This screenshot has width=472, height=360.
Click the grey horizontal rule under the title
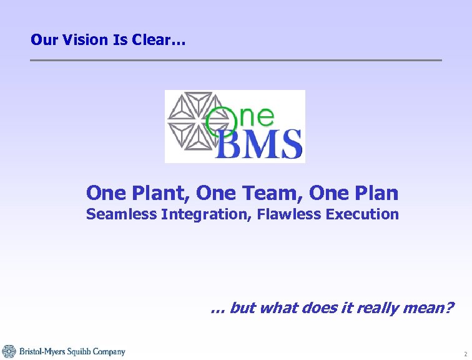pyautogui.click(x=236, y=60)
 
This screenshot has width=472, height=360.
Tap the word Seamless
pyautogui.click(x=121, y=214)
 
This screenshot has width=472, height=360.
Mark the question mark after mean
pyautogui.click(x=450, y=307)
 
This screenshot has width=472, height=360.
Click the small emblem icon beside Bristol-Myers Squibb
pyautogui.click(x=9, y=351)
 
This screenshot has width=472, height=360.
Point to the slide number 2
pyautogui.click(x=465, y=354)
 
